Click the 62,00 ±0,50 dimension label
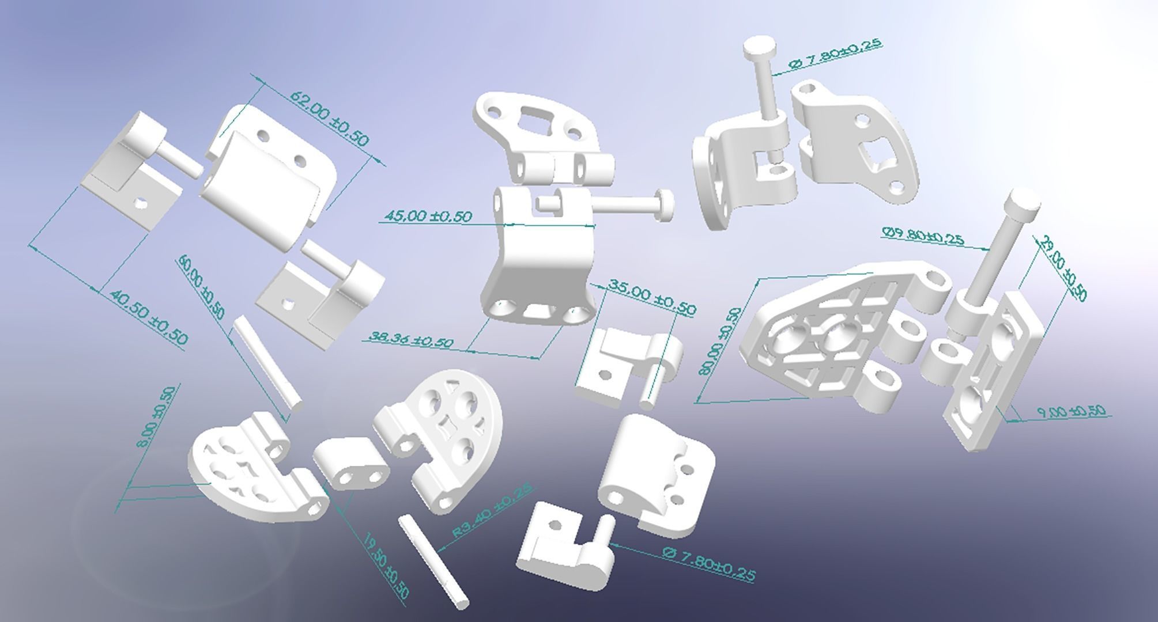329,118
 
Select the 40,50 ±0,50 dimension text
148,317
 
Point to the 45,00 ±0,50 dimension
427,216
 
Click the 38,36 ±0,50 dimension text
410,340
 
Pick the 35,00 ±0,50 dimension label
651,297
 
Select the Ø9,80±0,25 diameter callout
922,236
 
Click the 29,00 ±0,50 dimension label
1062,268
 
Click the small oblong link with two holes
351,464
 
